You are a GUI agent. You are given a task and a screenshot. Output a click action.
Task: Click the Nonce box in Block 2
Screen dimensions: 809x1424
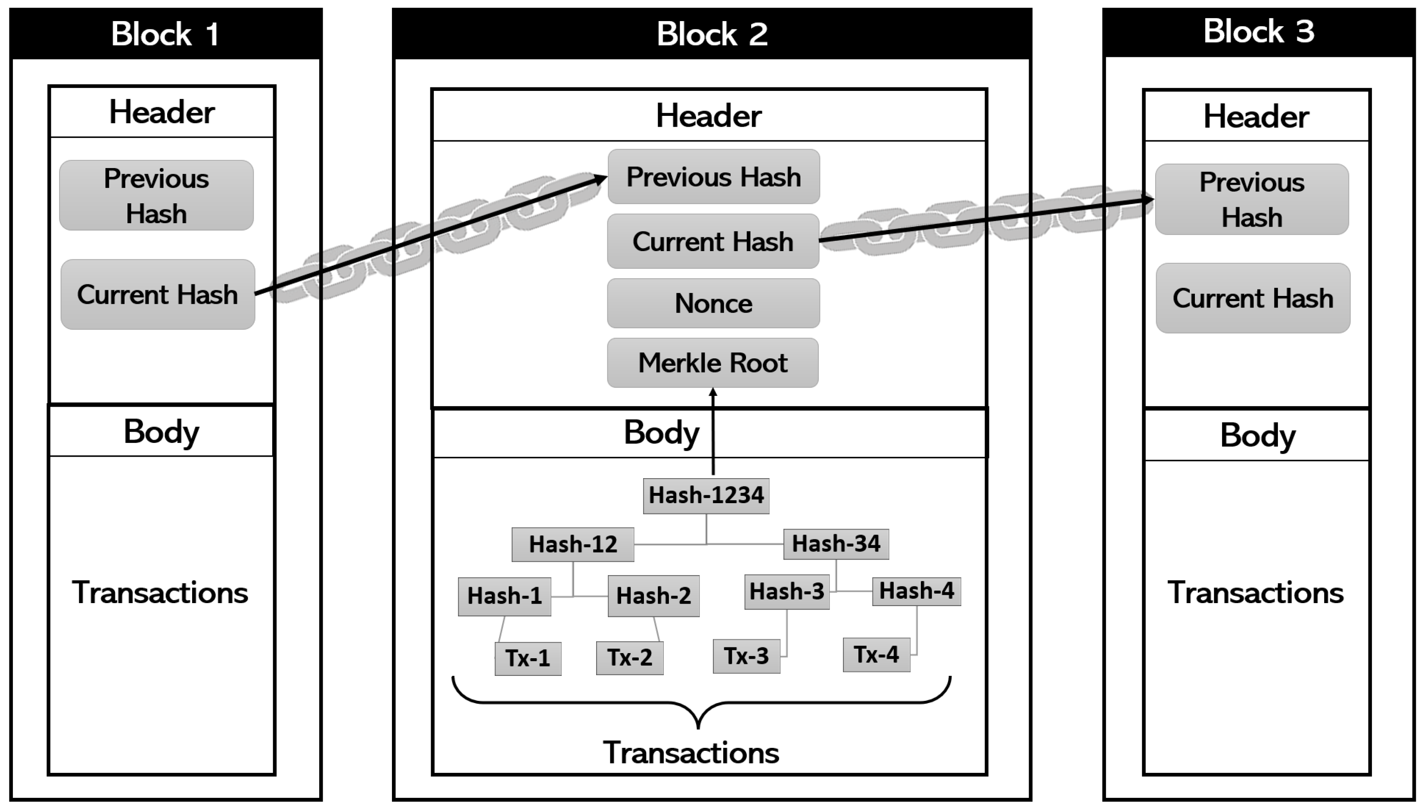click(x=713, y=303)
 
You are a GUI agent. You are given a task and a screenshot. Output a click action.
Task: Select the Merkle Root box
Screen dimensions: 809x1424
click(x=713, y=363)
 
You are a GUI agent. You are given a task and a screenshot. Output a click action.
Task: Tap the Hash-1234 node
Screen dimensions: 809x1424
click(x=706, y=496)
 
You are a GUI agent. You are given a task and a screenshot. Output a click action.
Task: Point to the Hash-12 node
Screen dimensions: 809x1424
click(x=573, y=545)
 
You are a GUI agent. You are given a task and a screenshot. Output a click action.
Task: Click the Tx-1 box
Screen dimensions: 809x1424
click(x=528, y=658)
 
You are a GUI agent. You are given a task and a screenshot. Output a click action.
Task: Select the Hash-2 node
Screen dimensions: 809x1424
click(x=653, y=596)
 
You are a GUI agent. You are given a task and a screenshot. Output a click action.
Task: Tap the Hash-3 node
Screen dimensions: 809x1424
click(x=787, y=592)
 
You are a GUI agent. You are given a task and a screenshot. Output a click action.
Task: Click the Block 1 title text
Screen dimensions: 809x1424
click(x=165, y=34)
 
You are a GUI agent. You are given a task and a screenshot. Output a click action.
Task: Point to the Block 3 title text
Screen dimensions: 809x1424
click(x=1259, y=32)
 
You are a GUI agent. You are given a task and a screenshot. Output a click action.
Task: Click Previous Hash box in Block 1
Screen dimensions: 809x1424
click(x=157, y=196)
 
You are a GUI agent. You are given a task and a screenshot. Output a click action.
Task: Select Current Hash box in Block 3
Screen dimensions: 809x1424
click(x=1253, y=299)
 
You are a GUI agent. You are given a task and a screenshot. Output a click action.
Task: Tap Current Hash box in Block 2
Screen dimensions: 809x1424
click(x=713, y=242)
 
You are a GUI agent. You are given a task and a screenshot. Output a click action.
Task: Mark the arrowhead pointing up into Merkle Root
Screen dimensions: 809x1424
click(x=713, y=393)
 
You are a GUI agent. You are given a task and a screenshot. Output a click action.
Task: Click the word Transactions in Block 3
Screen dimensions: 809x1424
click(x=1255, y=593)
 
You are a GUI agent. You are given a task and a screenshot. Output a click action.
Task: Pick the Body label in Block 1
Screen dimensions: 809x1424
click(x=161, y=432)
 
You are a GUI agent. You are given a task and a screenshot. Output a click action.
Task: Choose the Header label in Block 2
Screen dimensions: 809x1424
click(x=709, y=116)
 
